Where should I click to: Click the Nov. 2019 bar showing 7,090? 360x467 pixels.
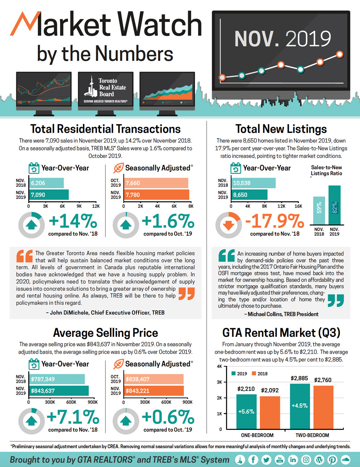coord(49,195)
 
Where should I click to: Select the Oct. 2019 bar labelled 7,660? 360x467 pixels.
coord(156,183)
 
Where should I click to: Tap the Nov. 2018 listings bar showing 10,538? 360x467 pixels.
coord(253,183)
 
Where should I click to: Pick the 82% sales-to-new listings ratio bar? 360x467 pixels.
coord(334,205)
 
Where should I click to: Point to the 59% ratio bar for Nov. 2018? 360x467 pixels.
coord(319,210)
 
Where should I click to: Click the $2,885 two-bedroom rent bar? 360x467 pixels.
coord(300,407)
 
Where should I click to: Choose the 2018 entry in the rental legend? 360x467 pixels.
coord(260,373)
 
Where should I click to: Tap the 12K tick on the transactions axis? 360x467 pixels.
coord(96,206)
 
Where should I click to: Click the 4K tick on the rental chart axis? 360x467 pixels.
coord(219,367)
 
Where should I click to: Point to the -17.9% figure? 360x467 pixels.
coord(275,221)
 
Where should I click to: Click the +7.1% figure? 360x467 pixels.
coord(73,417)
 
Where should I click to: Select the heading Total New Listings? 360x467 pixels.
coord(281,129)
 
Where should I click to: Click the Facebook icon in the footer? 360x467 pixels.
coord(253,459)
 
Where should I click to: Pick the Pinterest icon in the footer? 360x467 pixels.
coord(332,459)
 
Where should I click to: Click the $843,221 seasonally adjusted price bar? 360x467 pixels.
coord(154,391)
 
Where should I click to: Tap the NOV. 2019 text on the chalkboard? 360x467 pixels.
coord(283,39)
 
